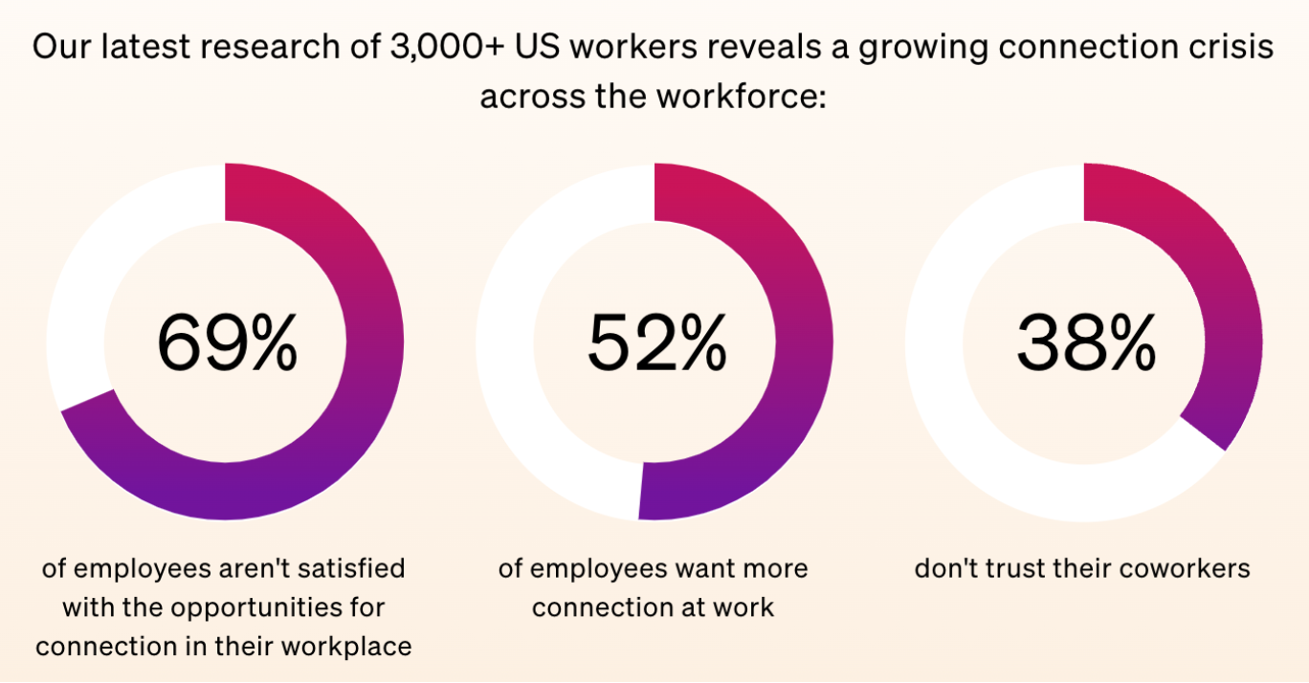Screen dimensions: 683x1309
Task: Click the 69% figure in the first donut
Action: [x=227, y=342]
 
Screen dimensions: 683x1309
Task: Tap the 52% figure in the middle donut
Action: [x=656, y=342]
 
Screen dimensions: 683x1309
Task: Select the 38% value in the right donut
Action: [x=1086, y=342]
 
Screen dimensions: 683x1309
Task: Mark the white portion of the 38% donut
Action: [x=957, y=402]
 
